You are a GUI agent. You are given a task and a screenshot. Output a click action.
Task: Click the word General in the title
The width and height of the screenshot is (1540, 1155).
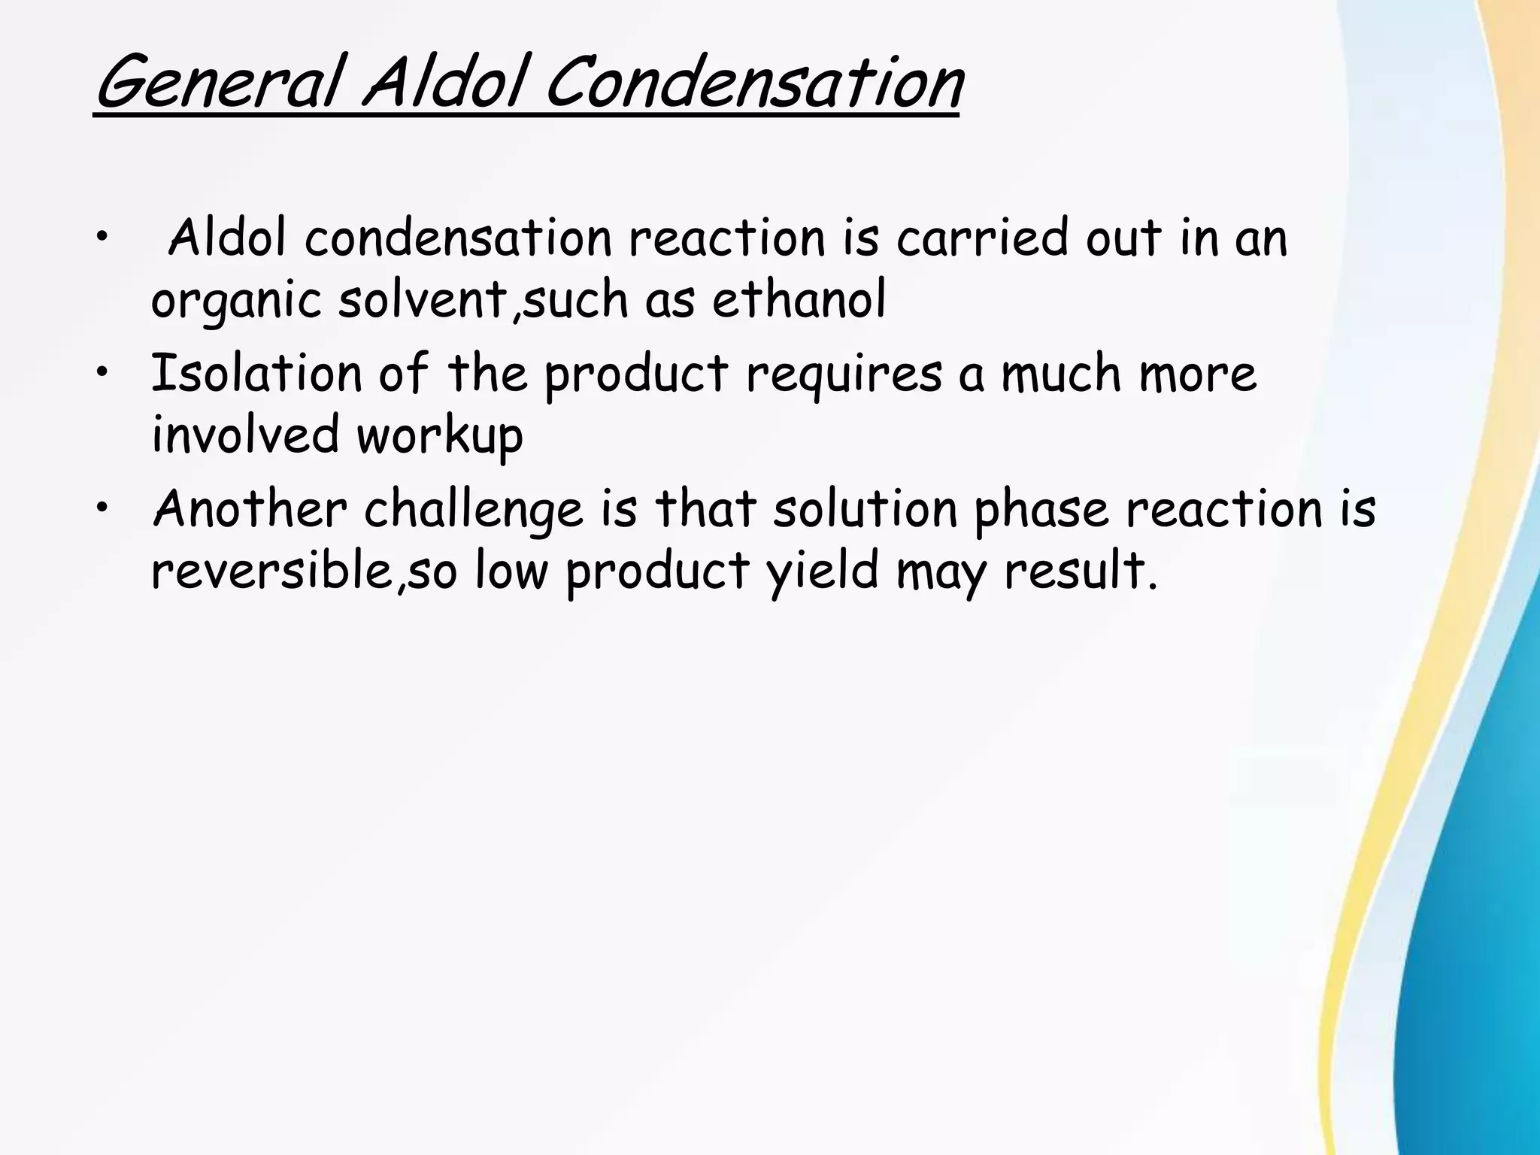tap(218, 84)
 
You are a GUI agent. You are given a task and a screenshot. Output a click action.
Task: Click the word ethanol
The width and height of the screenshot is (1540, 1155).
tap(799, 300)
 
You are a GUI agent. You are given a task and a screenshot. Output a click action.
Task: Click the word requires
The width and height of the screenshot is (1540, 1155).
tap(844, 375)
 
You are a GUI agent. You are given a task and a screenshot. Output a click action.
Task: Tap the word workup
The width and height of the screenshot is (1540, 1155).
tap(440, 437)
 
